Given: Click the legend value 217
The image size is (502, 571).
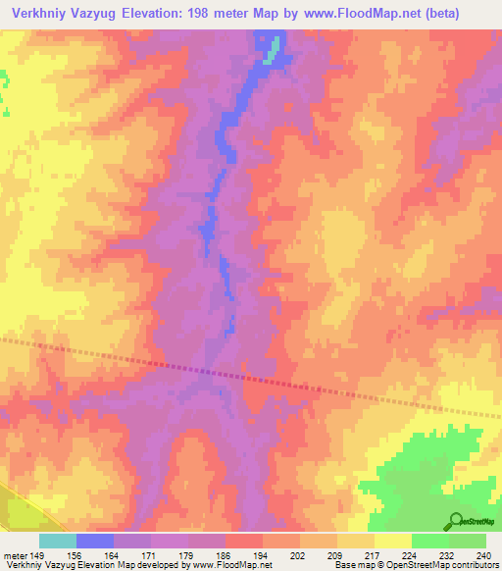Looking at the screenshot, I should [x=374, y=555].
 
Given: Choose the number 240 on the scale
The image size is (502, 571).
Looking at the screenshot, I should [x=483, y=555].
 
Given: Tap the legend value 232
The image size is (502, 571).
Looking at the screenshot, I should [x=448, y=555].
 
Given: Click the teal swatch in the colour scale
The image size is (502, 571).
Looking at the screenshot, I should [x=58, y=541].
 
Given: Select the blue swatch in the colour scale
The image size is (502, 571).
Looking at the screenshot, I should [x=95, y=541].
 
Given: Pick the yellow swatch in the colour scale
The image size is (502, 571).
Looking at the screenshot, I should [x=392, y=541].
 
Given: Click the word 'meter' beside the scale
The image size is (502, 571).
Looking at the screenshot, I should [x=17, y=555].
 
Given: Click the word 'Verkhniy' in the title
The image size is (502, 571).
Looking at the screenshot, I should [x=36, y=13].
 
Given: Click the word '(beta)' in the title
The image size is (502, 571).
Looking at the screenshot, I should [x=473, y=13].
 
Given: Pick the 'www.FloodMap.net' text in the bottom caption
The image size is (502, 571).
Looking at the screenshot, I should [x=233, y=565].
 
